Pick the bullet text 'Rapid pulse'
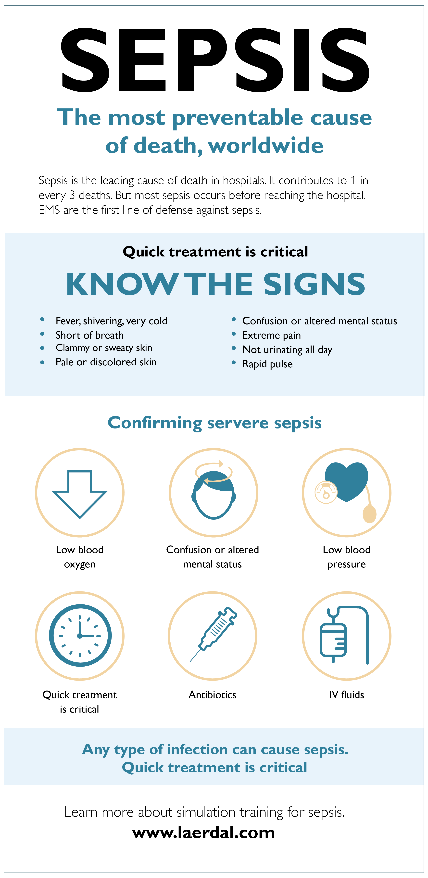tap(268, 364)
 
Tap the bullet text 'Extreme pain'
tap(272, 335)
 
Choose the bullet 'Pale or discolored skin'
tap(106, 362)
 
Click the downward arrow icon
tap(79, 494)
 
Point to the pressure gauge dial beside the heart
tap(326, 492)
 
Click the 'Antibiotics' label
tap(212, 695)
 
